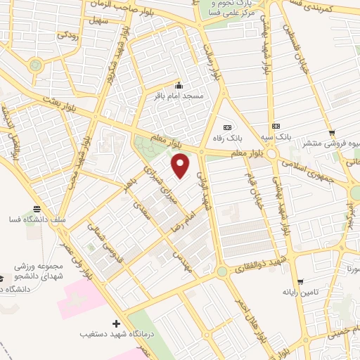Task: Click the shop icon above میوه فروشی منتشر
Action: [x=330, y=132]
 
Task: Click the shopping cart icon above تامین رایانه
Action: [x=300, y=281]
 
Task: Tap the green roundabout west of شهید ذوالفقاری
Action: [x=222, y=271]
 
